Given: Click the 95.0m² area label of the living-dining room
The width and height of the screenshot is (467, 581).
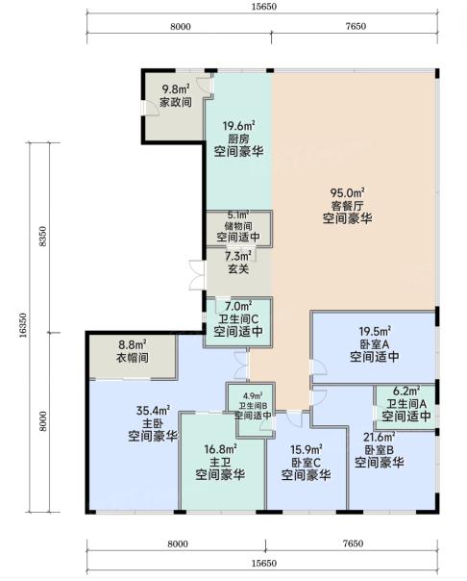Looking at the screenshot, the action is coord(347,192).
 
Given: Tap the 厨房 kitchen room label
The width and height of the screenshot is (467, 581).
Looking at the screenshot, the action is coord(238,139).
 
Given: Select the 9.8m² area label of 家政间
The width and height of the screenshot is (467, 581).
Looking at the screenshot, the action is coord(176,89).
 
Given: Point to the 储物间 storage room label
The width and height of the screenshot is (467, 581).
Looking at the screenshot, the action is coord(238,226).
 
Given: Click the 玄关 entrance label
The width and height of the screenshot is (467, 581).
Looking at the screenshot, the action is coord(238,269).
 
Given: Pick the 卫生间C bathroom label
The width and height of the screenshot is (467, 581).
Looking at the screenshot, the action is coord(238,318).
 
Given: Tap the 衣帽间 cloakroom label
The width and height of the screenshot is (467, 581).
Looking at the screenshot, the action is coord(133,358).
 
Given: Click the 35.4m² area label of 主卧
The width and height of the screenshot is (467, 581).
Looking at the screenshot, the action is coord(153,411).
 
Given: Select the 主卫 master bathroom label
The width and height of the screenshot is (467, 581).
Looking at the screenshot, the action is coord(221,462).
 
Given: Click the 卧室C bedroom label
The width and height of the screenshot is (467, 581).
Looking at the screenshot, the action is coord(306,463).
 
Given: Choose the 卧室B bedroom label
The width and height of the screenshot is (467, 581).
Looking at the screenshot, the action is coord(380,450).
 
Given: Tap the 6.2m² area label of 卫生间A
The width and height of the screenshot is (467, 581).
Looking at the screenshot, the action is coord(406,391).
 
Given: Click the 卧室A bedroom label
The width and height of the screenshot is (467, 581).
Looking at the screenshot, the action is coord(375,344).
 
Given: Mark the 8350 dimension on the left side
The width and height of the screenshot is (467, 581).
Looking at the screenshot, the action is coord(43,237).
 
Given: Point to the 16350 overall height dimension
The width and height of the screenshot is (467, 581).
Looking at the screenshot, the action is coord(23,326).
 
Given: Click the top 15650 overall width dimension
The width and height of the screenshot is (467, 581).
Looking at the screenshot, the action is coord(264,7).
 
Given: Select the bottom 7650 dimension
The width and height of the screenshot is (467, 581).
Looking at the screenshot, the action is coord(353,543).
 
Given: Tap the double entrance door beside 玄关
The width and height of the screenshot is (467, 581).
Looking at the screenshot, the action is coord(196,275).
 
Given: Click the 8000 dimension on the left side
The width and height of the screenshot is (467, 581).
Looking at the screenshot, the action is coord(43,421).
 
